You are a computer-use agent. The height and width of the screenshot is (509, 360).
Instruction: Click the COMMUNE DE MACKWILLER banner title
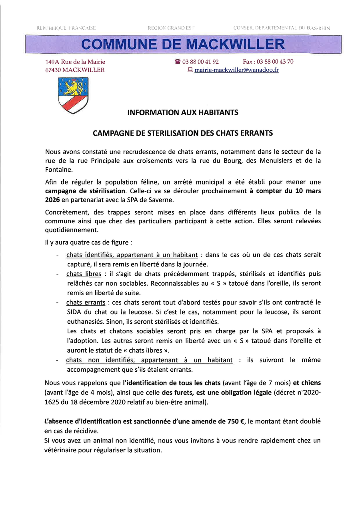tap(183, 44)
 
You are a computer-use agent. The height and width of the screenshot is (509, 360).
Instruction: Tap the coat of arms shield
tap(73, 95)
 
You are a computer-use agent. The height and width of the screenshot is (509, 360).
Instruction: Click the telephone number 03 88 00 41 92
tap(200, 62)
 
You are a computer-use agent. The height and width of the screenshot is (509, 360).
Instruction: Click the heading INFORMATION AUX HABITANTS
tap(183, 113)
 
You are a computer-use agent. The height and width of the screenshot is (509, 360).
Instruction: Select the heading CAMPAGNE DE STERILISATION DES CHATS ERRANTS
tap(183, 133)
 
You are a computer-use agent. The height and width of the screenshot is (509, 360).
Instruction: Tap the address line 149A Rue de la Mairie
tap(75, 62)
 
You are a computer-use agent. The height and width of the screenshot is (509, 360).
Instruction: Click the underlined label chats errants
tap(86, 303)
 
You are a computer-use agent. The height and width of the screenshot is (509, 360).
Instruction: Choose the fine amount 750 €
tap(235, 422)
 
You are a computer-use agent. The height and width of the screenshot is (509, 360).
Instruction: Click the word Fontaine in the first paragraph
tap(58, 170)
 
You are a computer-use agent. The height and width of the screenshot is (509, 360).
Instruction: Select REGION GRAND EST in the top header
tap(171, 28)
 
